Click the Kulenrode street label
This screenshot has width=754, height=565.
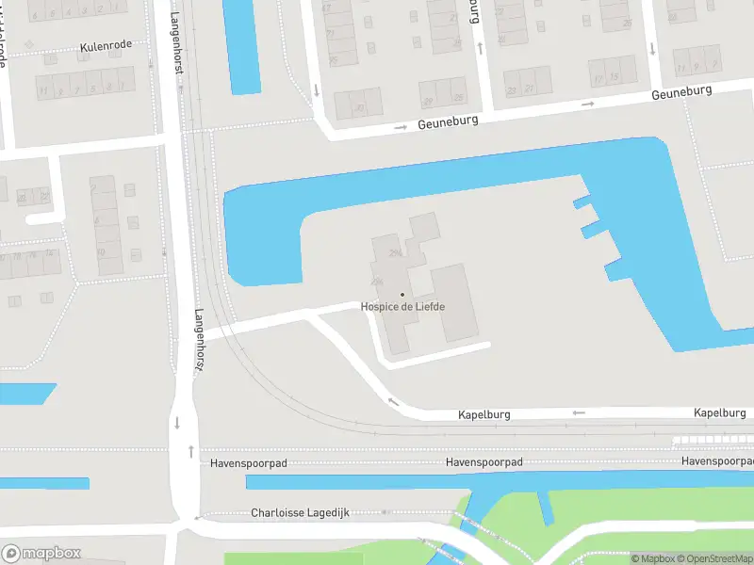(106, 44)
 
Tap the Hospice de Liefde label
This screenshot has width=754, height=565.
(402, 307)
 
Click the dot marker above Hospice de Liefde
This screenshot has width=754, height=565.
(402, 295)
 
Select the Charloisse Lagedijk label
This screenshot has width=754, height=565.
(301, 513)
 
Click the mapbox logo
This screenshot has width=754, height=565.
(41, 554)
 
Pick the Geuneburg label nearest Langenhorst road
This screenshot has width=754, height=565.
(449, 121)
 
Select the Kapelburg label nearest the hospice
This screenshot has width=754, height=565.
(484, 413)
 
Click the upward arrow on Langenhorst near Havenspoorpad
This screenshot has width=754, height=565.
(192, 450)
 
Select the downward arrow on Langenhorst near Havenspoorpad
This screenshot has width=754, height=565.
(176, 422)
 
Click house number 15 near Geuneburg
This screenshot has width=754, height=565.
(614, 76)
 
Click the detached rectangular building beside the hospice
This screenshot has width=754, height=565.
(455, 301)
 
